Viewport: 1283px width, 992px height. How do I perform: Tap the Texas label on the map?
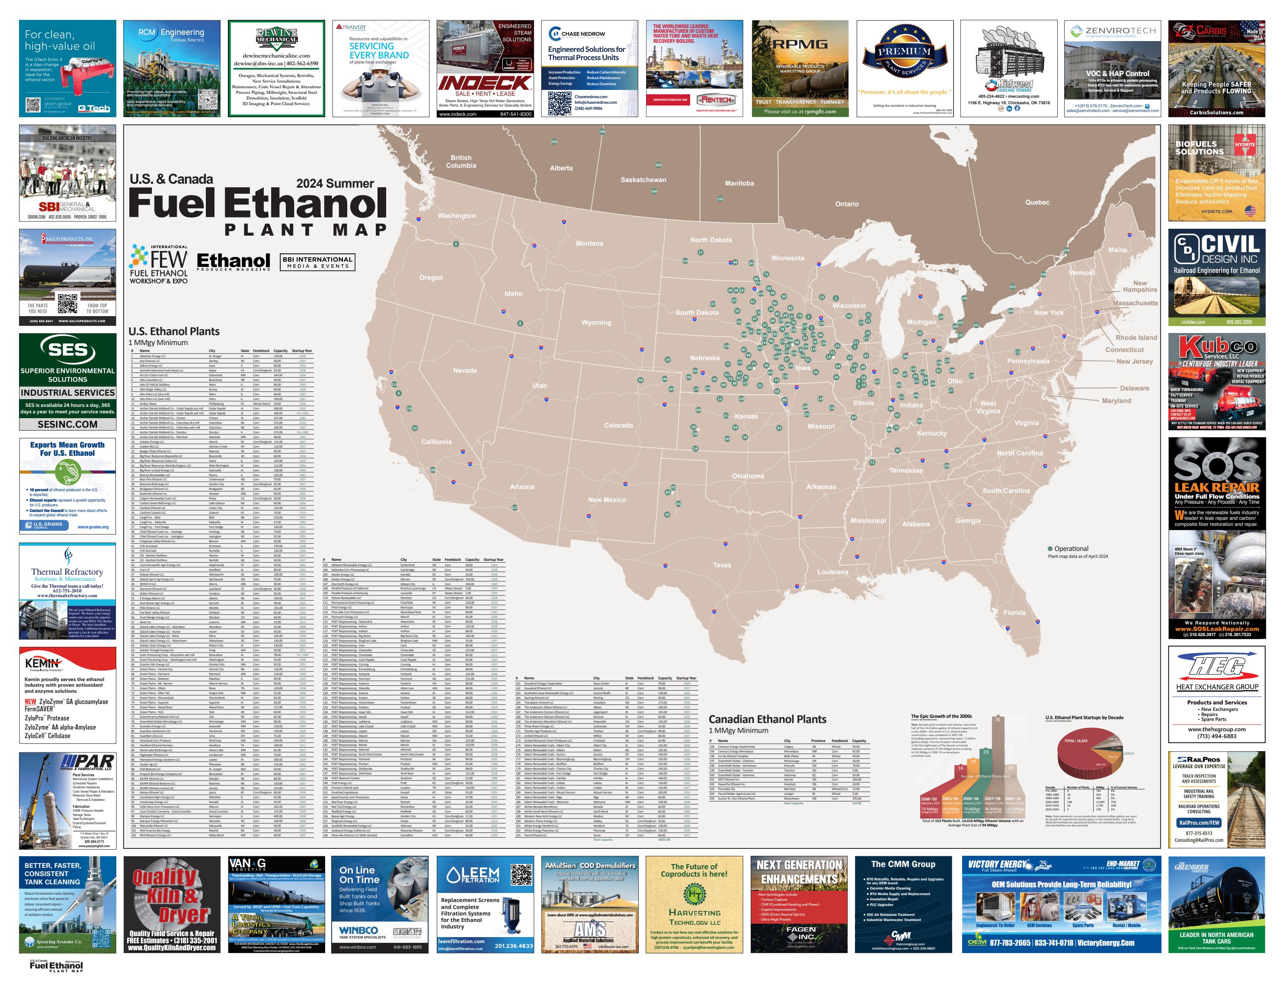(722, 565)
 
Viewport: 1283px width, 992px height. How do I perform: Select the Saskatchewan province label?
(643, 180)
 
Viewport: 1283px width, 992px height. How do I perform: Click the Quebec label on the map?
(1037, 202)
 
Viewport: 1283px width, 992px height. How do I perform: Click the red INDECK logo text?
(485, 83)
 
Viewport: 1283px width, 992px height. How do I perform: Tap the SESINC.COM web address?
(67, 424)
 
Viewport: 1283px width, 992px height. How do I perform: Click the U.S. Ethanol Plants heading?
(174, 331)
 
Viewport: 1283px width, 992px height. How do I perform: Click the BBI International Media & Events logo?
(317, 262)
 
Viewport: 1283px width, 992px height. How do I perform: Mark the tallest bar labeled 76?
(997, 752)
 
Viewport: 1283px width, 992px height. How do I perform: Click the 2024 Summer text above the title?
(335, 183)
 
